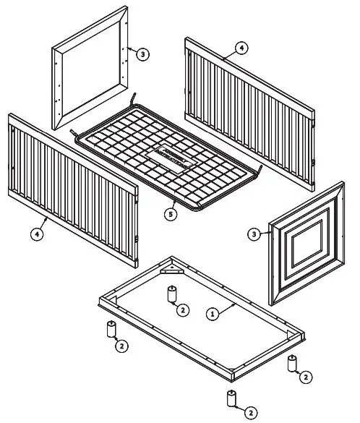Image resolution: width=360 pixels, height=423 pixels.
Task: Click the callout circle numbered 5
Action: click(x=170, y=214)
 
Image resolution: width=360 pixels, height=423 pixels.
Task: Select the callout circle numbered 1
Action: click(x=213, y=315)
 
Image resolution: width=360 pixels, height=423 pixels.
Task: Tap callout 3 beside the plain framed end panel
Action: click(x=142, y=54)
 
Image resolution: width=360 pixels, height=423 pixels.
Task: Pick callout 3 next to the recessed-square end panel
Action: click(x=254, y=234)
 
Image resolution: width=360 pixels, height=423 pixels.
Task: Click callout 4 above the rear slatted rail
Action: click(x=241, y=49)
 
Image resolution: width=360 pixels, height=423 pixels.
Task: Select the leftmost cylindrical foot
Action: click(x=112, y=330)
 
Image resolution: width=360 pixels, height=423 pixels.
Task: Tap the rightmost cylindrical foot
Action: click(x=292, y=363)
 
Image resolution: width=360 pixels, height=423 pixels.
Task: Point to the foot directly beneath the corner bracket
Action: click(x=173, y=294)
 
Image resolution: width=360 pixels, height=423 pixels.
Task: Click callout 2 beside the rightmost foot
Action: click(x=306, y=377)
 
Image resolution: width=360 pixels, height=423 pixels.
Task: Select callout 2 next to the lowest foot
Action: click(x=251, y=413)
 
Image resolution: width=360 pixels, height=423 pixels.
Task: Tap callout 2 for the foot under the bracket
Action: click(x=184, y=310)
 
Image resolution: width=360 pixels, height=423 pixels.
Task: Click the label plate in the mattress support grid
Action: click(x=168, y=158)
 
